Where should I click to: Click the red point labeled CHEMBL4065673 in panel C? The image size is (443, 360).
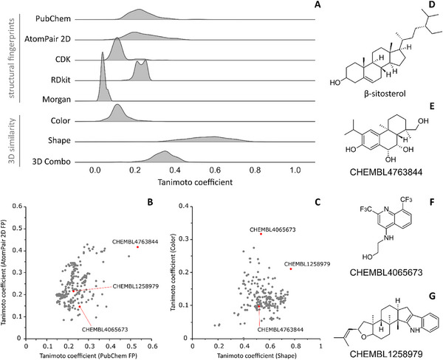pos(261,234)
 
